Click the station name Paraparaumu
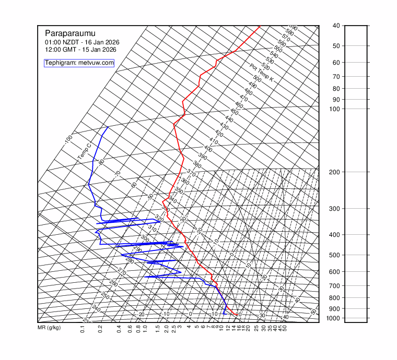[x=66, y=33]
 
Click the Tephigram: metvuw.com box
[x=79, y=63]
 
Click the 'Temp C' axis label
[x=84, y=151]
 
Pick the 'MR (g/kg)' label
[x=49, y=328]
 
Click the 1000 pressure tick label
[x=336, y=318]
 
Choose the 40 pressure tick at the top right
[x=336, y=26]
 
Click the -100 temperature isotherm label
[x=68, y=140]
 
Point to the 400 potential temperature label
[x=208, y=149]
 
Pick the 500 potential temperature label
[x=257, y=78]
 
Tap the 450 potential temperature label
[x=234, y=112]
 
